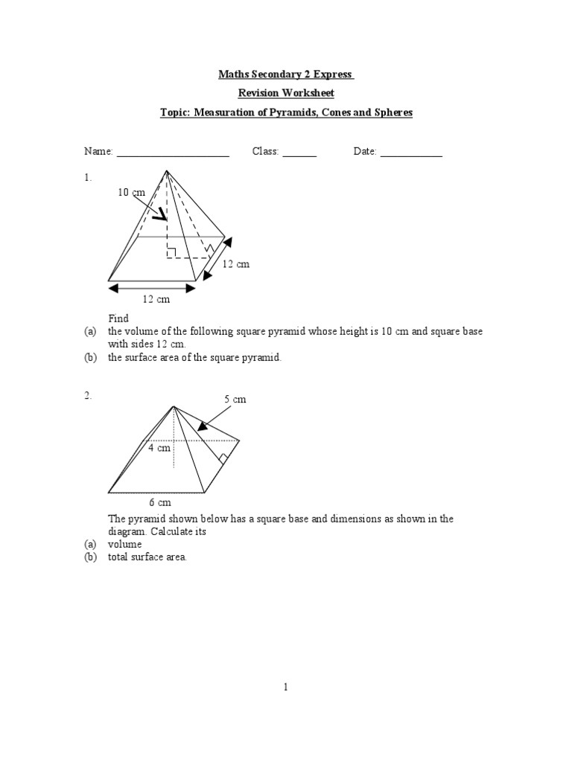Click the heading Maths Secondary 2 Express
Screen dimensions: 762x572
(x=285, y=74)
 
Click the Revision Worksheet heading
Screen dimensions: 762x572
(x=285, y=93)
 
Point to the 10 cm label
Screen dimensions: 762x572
(x=131, y=193)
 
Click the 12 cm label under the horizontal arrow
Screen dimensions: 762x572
(x=156, y=299)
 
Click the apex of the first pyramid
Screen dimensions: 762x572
(x=166, y=170)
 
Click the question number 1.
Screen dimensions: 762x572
(x=87, y=178)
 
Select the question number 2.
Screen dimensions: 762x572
(x=87, y=396)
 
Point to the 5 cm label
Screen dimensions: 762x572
(x=235, y=400)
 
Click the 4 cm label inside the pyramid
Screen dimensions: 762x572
(x=159, y=448)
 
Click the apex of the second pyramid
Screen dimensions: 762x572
(x=174, y=406)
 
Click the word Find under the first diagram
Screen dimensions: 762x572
(x=118, y=318)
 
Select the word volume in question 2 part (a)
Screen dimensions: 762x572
(x=124, y=544)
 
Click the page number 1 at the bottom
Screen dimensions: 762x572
(x=285, y=688)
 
